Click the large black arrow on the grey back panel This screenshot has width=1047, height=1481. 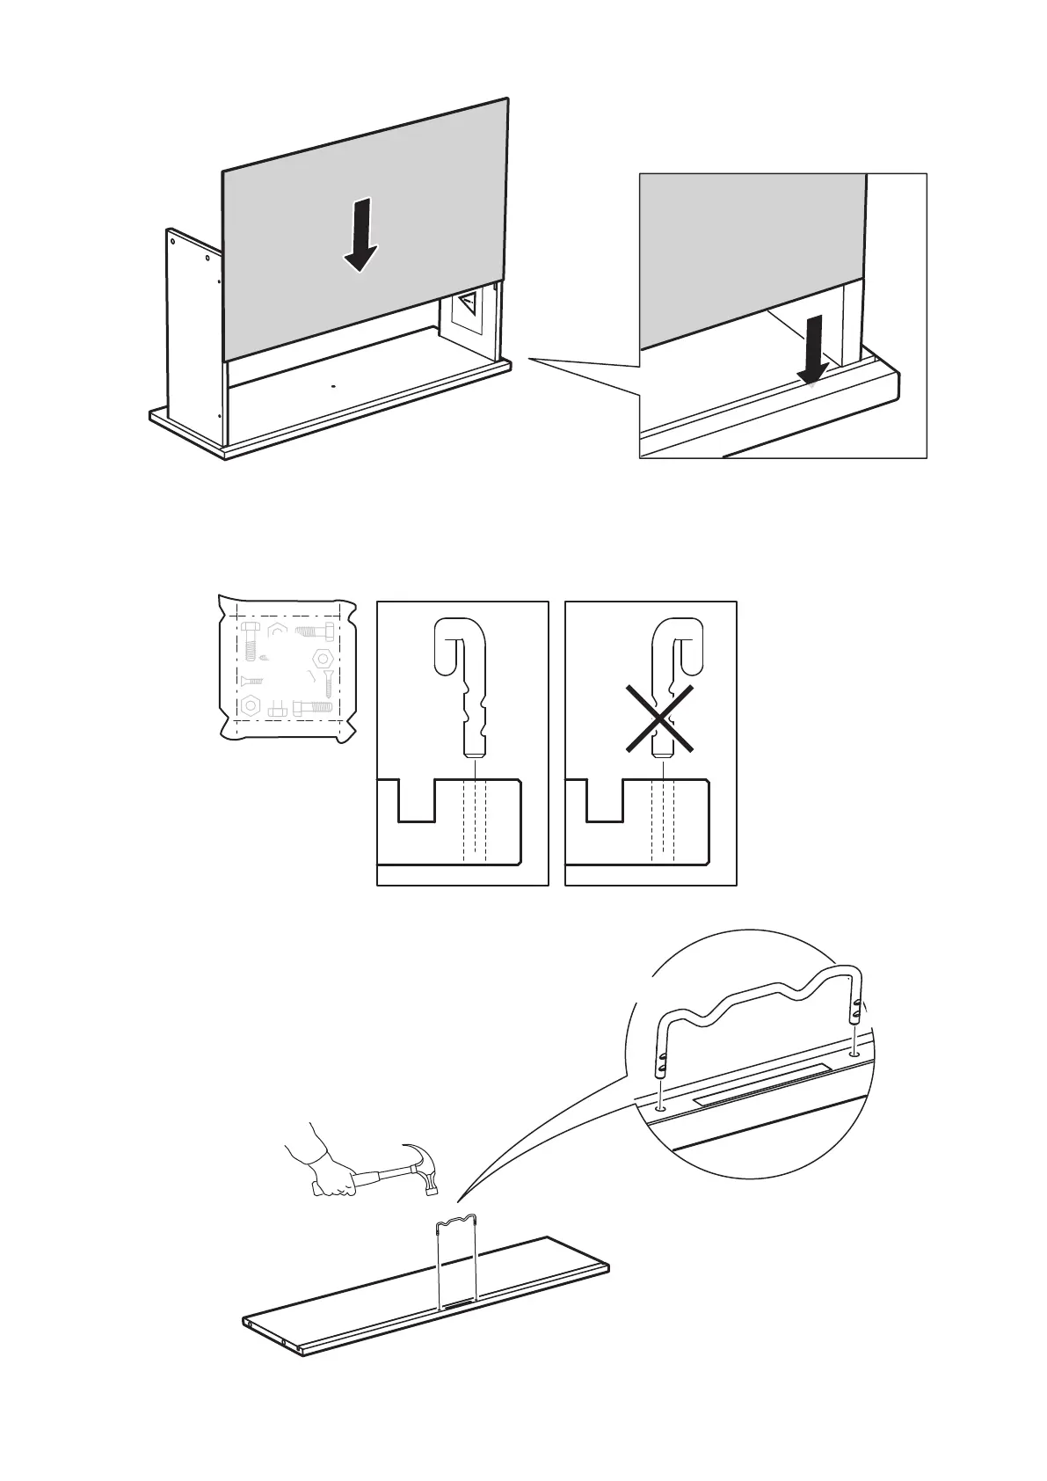pos(360,236)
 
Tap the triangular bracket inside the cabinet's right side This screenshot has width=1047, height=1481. pos(469,306)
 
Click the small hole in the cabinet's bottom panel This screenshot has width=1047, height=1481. pos(333,385)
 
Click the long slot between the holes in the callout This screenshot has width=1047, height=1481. pos(760,1083)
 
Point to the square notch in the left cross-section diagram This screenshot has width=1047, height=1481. pos(416,801)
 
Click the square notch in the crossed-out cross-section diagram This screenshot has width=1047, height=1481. pos(604,801)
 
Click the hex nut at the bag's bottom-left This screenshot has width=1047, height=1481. pos(251,704)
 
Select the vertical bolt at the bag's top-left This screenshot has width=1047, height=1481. pos(248,641)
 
